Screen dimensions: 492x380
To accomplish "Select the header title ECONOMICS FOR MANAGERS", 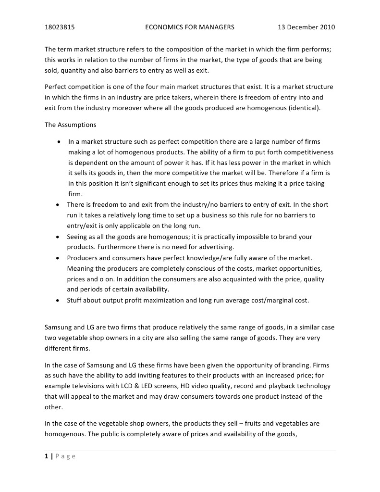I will (190, 27).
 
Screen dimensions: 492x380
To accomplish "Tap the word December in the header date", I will (303, 27).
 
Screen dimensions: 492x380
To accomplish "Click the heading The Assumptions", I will (70, 125).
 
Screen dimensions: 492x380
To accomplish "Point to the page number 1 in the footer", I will (46, 456).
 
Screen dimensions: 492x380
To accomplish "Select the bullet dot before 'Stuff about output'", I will (58, 301).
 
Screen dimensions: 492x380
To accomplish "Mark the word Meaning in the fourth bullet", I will (80, 268).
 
